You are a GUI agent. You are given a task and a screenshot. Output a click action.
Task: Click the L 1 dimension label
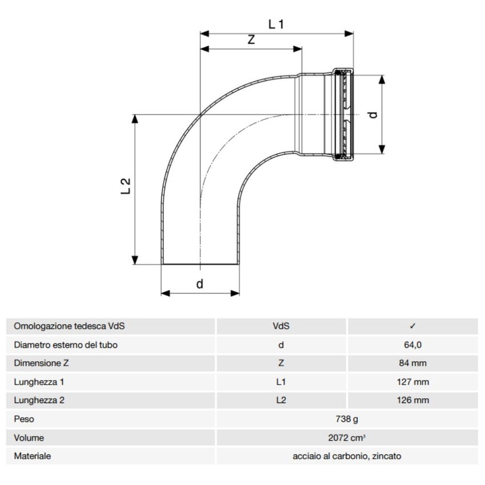(276, 23)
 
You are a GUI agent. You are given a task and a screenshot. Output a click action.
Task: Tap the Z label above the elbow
(250, 40)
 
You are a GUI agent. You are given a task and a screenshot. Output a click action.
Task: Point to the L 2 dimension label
(126, 187)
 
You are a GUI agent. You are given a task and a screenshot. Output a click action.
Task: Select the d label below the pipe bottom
(200, 284)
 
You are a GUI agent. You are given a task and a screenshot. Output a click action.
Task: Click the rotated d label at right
(373, 114)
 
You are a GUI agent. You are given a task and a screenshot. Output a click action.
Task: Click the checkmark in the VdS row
(413, 326)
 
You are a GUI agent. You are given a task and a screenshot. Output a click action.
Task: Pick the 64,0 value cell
(413, 345)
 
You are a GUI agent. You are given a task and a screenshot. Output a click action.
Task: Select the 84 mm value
(413, 363)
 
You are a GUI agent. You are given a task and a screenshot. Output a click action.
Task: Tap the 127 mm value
(413, 382)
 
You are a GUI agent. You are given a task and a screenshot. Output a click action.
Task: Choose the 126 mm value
(413, 400)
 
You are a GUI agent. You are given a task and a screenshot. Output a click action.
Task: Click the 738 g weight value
(346, 419)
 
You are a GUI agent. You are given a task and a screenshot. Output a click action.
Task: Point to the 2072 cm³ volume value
(346, 438)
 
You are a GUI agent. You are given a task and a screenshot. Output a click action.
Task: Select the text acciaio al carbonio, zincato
(346, 456)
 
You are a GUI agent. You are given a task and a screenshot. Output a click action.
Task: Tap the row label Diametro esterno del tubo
(66, 345)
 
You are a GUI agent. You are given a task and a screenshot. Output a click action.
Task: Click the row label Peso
(24, 419)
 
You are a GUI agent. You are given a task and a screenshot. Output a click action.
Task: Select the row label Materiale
(33, 456)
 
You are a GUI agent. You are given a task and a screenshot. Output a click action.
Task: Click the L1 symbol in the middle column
(281, 382)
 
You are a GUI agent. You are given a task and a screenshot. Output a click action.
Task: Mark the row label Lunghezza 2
(39, 400)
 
